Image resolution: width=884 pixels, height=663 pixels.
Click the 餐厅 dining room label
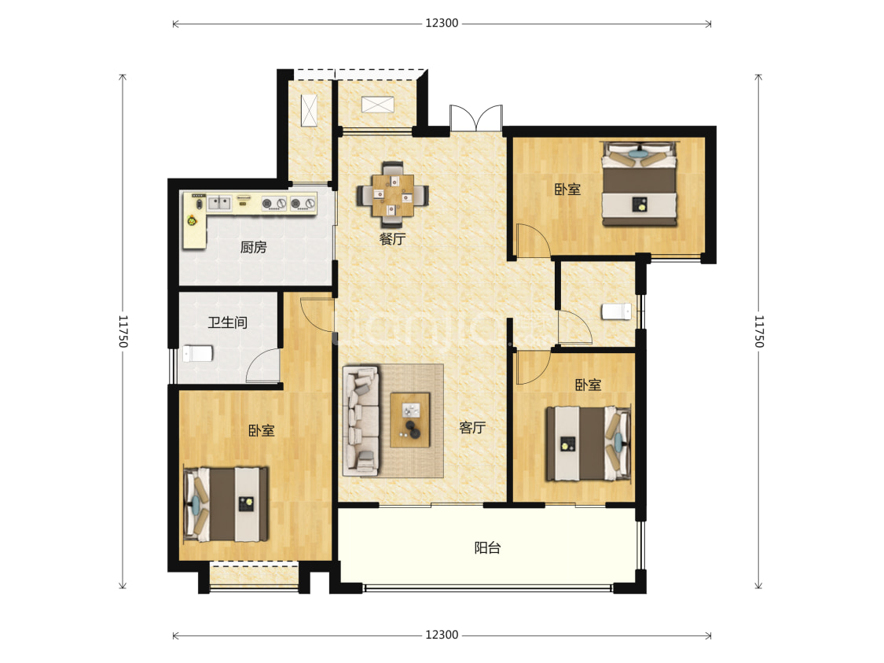[x=392, y=238]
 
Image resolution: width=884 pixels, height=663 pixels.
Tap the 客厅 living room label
[x=472, y=428]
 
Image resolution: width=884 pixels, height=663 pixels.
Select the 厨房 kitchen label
[x=253, y=247]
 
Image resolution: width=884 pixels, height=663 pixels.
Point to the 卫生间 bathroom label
[x=227, y=322]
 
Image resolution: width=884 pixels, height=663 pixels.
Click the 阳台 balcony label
[x=488, y=548]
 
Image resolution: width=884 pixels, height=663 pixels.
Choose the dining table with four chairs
[x=392, y=189]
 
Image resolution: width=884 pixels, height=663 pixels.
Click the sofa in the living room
[x=361, y=421]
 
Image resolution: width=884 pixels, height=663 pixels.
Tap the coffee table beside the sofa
[x=410, y=420]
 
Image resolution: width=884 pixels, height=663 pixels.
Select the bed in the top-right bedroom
[x=640, y=184]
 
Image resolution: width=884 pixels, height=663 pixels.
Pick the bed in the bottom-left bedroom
[x=226, y=504]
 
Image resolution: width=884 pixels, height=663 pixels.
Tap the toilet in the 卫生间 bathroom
[x=197, y=354]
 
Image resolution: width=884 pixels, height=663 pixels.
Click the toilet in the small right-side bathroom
[x=617, y=311]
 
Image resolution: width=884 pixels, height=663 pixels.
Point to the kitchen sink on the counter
[x=219, y=203]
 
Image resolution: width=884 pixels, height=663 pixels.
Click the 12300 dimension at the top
[x=442, y=23]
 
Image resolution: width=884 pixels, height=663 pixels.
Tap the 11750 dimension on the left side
[x=123, y=332]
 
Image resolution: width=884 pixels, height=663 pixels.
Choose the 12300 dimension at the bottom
[x=442, y=635]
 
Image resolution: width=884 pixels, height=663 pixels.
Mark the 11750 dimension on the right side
[x=759, y=332]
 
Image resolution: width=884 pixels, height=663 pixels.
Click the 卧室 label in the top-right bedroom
[x=567, y=190]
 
